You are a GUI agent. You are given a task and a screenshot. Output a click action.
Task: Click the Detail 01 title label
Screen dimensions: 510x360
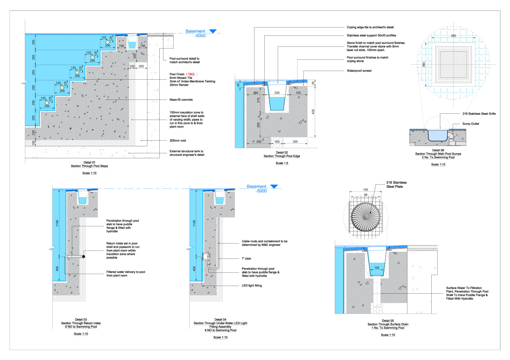[x=89, y=163]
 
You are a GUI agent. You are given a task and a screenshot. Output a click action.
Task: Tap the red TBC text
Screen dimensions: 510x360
[x=190, y=74]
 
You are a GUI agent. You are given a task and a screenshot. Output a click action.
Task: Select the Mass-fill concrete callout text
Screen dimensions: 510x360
[x=181, y=100]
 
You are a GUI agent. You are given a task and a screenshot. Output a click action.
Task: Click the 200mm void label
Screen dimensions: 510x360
[x=178, y=141]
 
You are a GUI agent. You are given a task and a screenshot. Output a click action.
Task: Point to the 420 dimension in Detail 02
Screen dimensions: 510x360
[x=313, y=112]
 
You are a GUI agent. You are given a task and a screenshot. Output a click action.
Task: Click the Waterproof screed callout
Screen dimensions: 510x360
[x=359, y=71]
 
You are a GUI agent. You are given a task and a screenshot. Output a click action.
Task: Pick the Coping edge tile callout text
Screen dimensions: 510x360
[x=370, y=27]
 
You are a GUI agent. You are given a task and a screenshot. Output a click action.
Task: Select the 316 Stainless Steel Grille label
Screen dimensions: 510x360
[x=479, y=114]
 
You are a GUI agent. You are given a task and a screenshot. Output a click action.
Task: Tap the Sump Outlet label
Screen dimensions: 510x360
[x=470, y=124]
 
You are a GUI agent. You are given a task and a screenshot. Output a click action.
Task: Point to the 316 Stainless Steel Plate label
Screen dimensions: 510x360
[x=396, y=184]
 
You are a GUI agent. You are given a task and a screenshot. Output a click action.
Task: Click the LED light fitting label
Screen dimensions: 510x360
[x=252, y=286]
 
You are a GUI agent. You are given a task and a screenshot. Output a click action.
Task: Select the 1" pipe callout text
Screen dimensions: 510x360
[x=246, y=258]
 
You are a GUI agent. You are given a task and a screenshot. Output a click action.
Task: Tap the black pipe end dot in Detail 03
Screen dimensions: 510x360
[x=84, y=257]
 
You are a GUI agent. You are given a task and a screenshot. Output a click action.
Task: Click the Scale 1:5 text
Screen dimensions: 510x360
[x=282, y=163]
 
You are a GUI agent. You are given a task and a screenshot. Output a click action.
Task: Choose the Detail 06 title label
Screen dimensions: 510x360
[x=438, y=150]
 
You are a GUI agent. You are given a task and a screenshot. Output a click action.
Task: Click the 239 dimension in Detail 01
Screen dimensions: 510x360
[x=34, y=132]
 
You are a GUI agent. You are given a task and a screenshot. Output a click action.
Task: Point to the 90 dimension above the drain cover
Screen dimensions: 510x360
[x=366, y=195]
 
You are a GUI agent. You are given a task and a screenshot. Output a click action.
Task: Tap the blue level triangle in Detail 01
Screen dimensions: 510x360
[x=212, y=31]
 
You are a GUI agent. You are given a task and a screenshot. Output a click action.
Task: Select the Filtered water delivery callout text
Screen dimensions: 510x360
[x=126, y=274]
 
